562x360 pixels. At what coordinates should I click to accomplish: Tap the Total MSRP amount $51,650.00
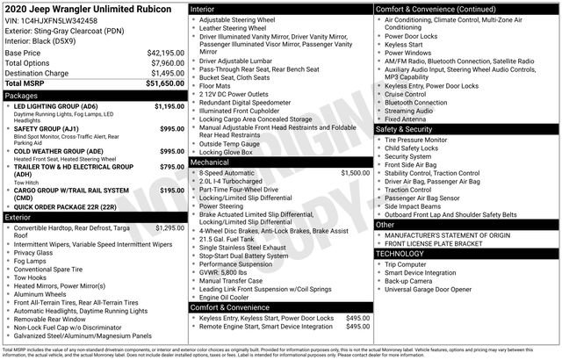[x=163, y=83]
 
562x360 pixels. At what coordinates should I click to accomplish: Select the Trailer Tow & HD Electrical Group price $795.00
[x=171, y=165]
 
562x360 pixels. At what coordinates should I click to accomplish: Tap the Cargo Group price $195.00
[x=171, y=190]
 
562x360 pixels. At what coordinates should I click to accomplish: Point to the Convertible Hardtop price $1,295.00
[x=169, y=227]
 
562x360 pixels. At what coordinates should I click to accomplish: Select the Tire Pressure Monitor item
[x=416, y=140]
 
